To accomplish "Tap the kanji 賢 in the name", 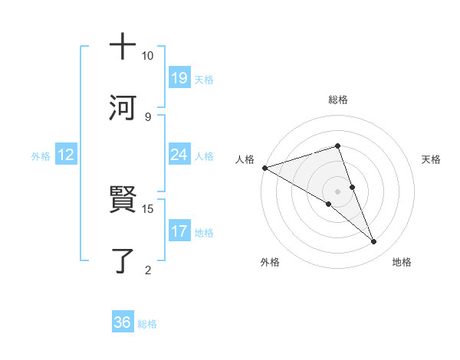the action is [x=123, y=201].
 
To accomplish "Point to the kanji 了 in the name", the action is [x=123, y=261].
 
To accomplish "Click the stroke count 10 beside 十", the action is [x=147, y=56].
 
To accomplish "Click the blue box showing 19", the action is [x=179, y=78].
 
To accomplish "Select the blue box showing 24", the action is [x=179, y=155].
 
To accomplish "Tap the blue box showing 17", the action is [x=179, y=231].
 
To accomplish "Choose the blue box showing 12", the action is [x=66, y=155].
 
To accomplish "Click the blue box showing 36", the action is [x=123, y=322].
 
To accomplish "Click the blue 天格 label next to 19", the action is [x=204, y=79].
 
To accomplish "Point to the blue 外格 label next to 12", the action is [x=41, y=155].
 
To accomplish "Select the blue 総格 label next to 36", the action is [x=147, y=323].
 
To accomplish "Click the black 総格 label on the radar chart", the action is [x=337, y=100].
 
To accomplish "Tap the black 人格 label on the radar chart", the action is [x=245, y=159].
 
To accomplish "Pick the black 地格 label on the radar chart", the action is [x=402, y=263].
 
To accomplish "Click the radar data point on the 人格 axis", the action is [x=264, y=168].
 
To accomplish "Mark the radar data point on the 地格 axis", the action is [x=374, y=242].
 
